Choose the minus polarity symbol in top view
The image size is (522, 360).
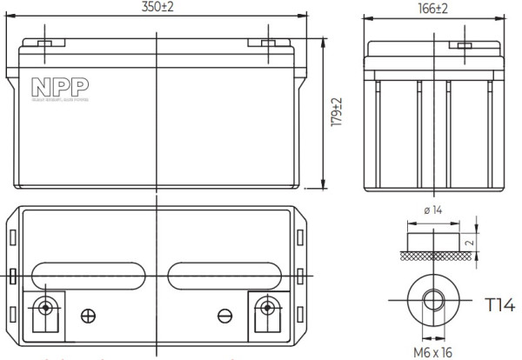(x=224, y=315)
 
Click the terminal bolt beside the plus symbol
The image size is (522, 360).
(x=44, y=307)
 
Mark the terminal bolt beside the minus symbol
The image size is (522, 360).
(x=264, y=307)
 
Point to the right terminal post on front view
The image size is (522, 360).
(x=265, y=42)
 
